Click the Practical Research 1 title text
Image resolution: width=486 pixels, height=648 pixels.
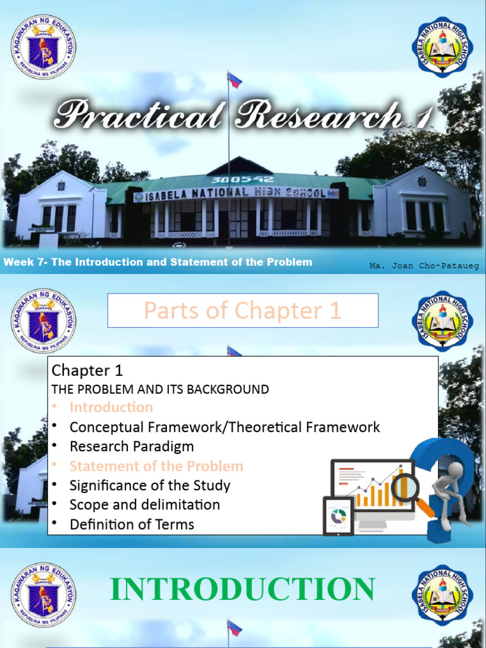[x=244, y=116]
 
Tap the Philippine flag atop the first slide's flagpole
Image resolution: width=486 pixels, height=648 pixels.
[x=234, y=80]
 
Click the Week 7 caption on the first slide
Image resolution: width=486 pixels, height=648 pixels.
[x=158, y=262]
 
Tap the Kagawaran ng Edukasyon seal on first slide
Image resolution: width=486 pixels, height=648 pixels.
[x=43, y=47]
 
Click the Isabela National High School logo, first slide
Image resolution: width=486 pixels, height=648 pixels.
[x=442, y=47]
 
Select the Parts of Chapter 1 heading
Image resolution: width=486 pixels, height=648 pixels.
[x=242, y=311]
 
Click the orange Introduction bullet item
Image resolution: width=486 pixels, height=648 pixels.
[x=111, y=407]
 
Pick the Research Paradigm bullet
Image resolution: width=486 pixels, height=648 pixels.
[x=132, y=446]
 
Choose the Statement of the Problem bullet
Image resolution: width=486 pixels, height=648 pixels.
[x=156, y=466]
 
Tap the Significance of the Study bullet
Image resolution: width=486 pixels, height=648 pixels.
[x=150, y=485]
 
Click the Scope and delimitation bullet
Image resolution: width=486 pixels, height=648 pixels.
[x=145, y=504]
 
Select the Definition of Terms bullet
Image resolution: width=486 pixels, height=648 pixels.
[x=132, y=524]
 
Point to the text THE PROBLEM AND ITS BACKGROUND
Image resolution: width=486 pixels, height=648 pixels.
[x=160, y=389]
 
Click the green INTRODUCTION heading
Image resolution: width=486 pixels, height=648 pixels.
[x=242, y=589]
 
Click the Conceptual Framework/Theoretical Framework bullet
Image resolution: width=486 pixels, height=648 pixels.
[x=225, y=427]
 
